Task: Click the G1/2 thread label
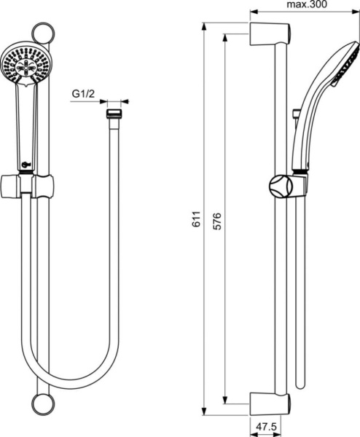point(85,94)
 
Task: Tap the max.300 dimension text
point(307,5)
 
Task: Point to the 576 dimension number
point(217,221)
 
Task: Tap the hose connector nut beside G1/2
point(112,114)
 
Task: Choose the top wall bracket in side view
point(270,34)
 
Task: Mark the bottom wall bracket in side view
point(270,402)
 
